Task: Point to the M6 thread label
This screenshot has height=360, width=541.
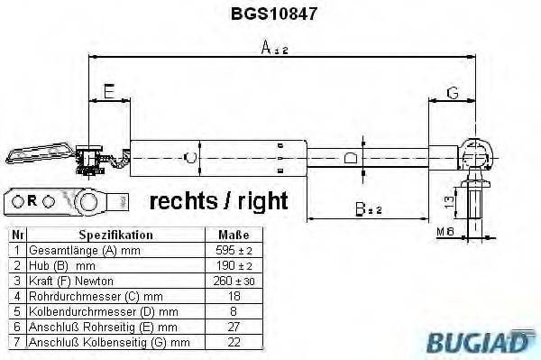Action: point(445,233)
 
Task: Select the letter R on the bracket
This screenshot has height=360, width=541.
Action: point(32,199)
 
